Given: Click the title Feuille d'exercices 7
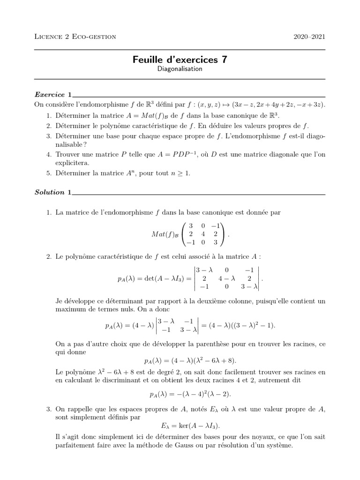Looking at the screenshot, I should pos(180,60).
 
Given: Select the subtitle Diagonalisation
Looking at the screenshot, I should pos(180,69).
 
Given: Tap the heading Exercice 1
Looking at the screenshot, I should pos(53,94).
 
